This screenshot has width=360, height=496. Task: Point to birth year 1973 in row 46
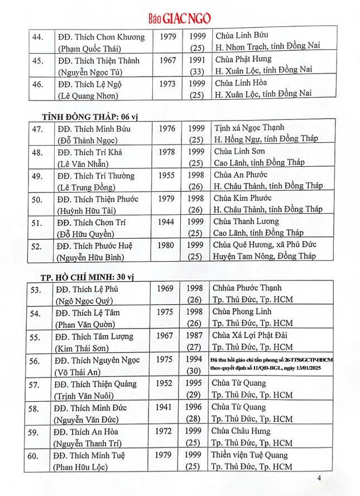click(167, 84)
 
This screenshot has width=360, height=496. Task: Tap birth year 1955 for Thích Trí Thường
click(167, 176)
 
